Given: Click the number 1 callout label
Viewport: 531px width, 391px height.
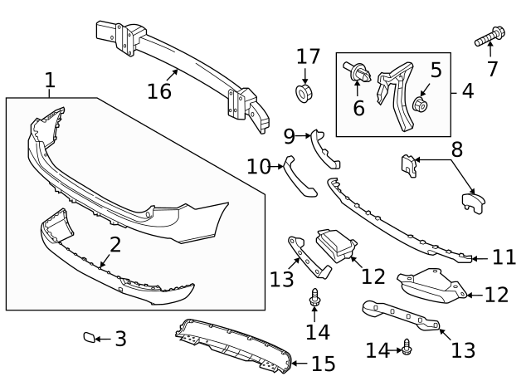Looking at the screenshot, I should pyautogui.click(x=50, y=81).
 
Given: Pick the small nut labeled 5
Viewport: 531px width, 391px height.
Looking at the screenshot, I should pyautogui.click(x=421, y=105).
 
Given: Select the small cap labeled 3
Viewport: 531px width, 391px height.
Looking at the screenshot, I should pyautogui.click(x=89, y=338).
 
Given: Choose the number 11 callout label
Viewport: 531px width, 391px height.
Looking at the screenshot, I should pyautogui.click(x=504, y=257).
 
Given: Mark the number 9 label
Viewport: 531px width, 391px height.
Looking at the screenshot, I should pyautogui.click(x=289, y=135).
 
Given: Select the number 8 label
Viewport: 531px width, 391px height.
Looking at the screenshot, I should pyautogui.click(x=456, y=151).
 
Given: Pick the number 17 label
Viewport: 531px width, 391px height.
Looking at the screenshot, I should pyautogui.click(x=308, y=56).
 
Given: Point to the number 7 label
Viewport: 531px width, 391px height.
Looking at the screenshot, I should pyautogui.click(x=493, y=69).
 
